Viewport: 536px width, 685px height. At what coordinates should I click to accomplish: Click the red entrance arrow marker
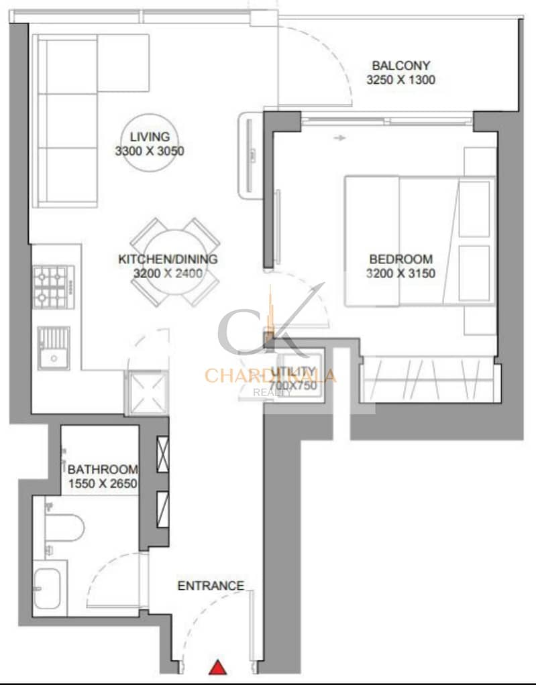(x=217, y=667)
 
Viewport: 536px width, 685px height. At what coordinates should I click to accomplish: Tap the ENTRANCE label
(x=211, y=586)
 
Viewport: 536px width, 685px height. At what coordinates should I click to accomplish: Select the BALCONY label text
(x=400, y=66)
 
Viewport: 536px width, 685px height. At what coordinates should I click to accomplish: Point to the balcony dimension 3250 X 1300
(x=400, y=80)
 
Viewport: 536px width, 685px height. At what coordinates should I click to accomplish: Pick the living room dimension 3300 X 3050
(x=150, y=151)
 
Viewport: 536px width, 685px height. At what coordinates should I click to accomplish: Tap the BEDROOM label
(x=400, y=259)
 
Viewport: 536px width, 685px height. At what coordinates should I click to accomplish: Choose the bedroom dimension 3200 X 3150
(x=400, y=273)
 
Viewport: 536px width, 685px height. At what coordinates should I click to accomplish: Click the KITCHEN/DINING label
(x=168, y=259)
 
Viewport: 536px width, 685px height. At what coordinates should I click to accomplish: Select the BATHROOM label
(x=103, y=469)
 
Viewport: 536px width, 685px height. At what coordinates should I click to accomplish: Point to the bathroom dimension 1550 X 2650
(x=103, y=483)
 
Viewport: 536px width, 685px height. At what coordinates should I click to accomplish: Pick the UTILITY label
(x=294, y=371)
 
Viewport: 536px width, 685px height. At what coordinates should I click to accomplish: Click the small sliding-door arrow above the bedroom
(x=340, y=138)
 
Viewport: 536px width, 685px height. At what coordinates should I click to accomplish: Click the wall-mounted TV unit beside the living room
(x=250, y=153)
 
